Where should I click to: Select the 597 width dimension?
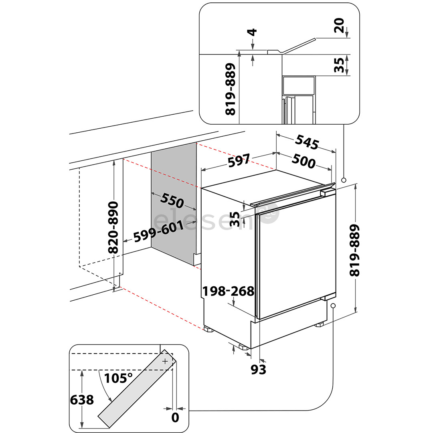click(239, 161)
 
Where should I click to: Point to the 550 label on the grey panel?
click(172, 200)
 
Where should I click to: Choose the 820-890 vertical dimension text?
click(113, 227)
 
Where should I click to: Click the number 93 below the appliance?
click(258, 369)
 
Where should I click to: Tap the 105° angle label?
click(119, 378)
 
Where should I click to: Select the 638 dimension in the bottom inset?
click(82, 400)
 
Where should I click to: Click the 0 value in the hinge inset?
click(175, 418)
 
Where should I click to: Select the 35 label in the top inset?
click(339, 65)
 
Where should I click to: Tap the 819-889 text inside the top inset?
click(230, 89)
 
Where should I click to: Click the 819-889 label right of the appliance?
click(355, 250)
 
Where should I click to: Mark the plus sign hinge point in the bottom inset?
click(165, 361)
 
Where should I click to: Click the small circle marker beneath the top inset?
click(343, 180)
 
